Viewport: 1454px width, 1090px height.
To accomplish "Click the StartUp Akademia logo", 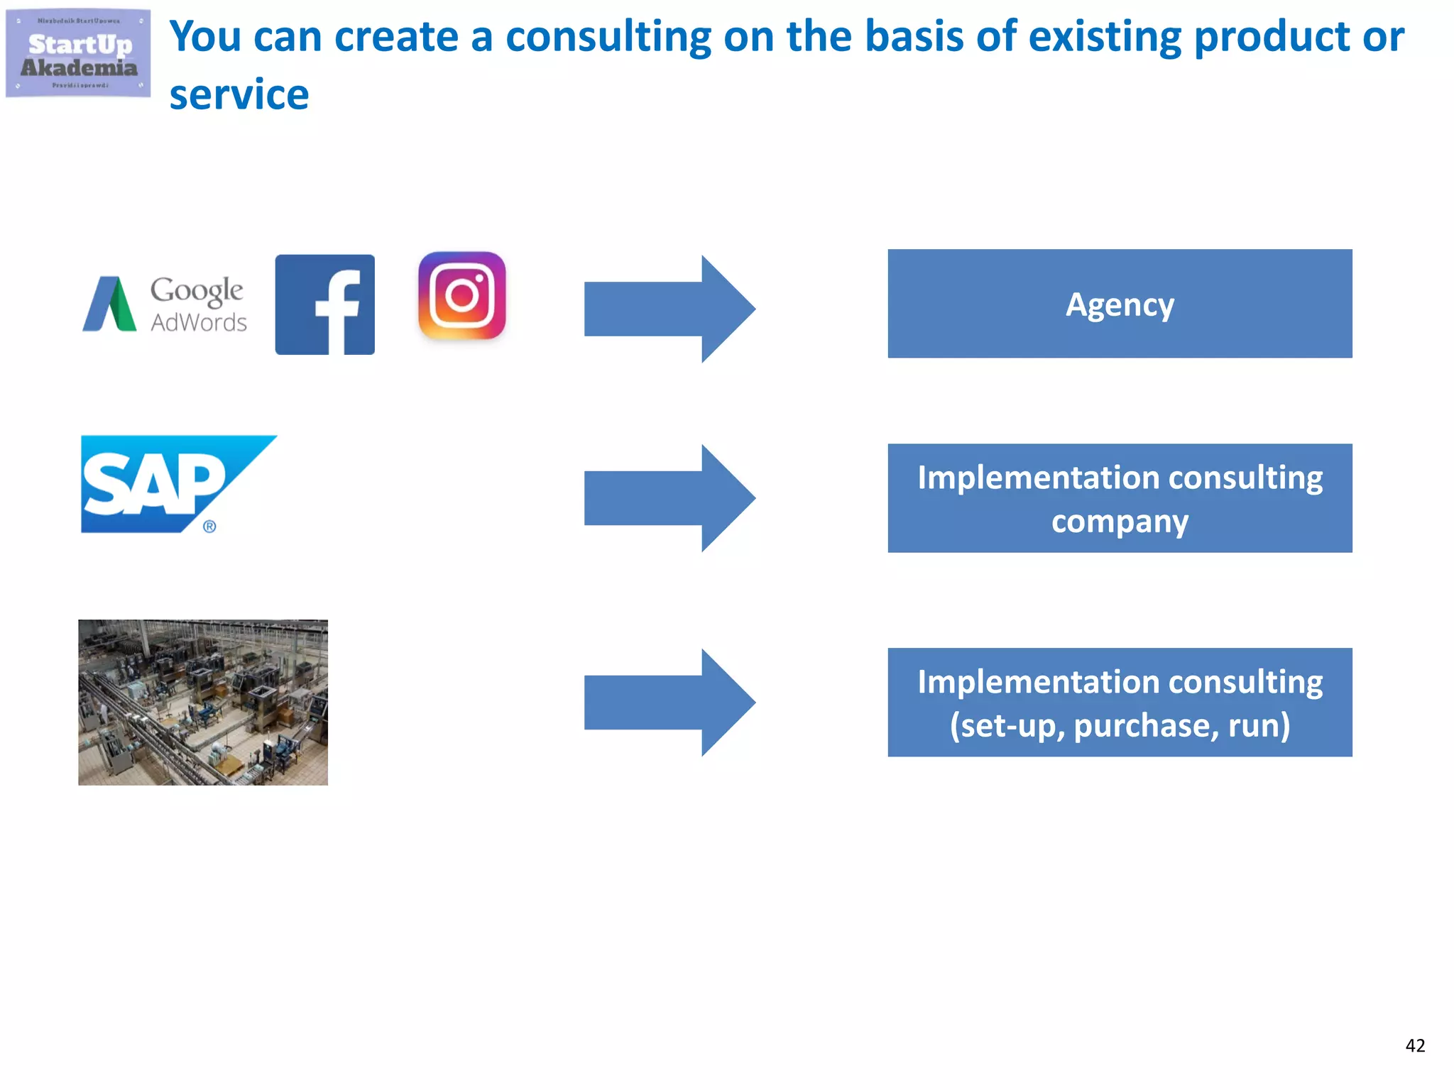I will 78,53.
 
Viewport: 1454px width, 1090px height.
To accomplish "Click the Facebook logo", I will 324,304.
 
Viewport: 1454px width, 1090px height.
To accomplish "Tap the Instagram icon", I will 462,295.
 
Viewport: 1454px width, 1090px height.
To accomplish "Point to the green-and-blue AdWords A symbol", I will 109,304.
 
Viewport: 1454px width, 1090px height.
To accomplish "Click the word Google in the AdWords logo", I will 197,290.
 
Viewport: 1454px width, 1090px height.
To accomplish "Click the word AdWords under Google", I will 199,323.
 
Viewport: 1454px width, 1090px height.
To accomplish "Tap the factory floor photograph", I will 203,702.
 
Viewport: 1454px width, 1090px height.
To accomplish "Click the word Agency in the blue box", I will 1120,305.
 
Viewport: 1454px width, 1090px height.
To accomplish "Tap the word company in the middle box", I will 1120,522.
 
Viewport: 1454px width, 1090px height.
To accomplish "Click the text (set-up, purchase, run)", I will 1120,725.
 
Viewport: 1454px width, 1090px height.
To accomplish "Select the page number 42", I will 1415,1045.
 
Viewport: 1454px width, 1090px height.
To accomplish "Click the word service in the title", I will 239,95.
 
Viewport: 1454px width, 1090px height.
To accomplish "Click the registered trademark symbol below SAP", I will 209,527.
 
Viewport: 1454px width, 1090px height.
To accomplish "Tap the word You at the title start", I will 206,37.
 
